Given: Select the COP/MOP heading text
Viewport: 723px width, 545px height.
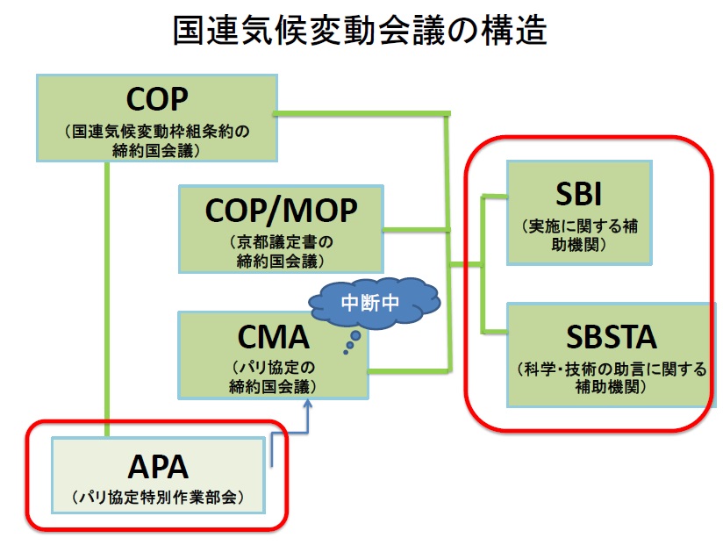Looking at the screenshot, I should (283, 211).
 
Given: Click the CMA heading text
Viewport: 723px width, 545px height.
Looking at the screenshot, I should (275, 337).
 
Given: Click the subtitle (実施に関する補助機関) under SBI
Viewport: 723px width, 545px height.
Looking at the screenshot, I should (578, 234).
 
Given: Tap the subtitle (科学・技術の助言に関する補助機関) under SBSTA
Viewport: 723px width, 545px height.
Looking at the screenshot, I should (612, 377).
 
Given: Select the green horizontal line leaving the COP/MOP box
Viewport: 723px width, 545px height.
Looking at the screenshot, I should (416, 231).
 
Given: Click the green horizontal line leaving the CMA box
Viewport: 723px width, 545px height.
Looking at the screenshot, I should (409, 370).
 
